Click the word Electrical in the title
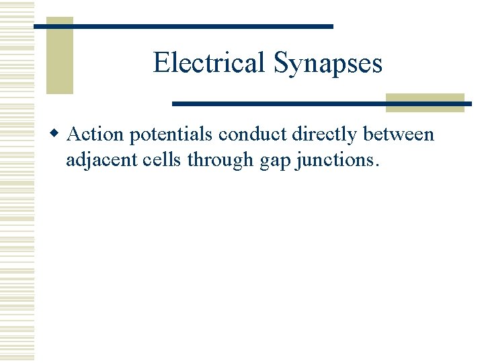[x=209, y=63]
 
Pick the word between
[x=399, y=134]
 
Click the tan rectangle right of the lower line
[x=425, y=102]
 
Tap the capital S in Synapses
[x=280, y=63]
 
